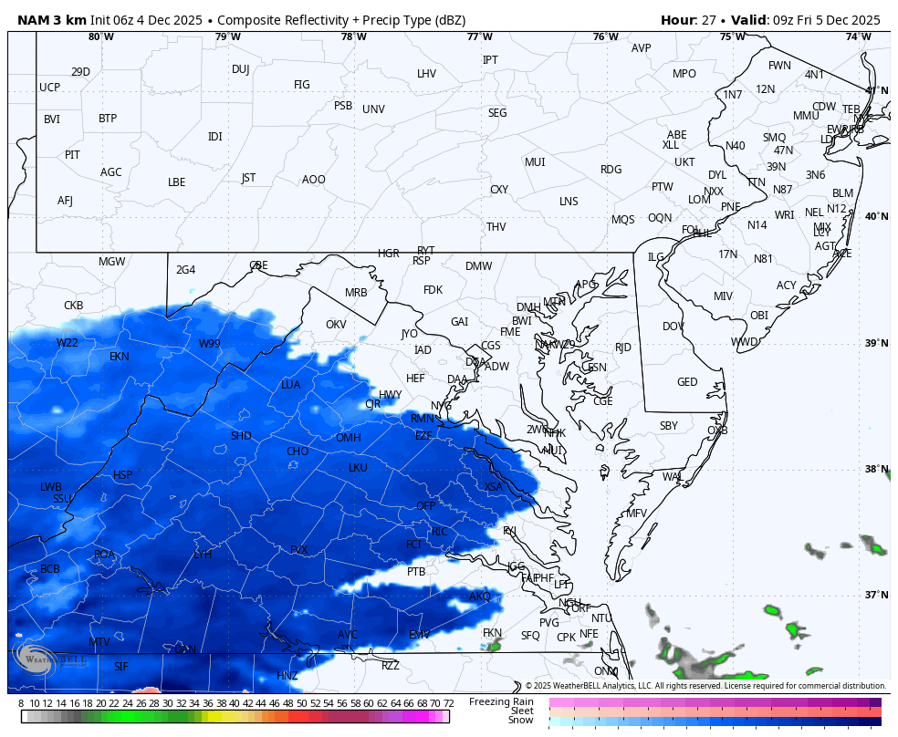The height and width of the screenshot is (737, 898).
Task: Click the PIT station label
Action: tap(72, 155)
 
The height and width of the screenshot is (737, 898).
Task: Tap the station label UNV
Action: tap(373, 109)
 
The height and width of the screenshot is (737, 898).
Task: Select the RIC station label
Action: tap(440, 532)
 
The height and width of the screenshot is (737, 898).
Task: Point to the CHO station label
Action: tap(298, 452)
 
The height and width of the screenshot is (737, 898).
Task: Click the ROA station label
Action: tap(105, 555)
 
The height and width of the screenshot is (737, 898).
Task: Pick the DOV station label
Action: tap(673, 327)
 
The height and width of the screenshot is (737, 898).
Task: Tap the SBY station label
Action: tap(669, 426)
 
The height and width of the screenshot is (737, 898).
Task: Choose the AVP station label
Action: tap(642, 48)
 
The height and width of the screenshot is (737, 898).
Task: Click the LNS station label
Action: tap(569, 202)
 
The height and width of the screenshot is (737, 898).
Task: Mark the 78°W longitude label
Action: tap(354, 36)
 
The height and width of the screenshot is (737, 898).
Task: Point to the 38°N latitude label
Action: tap(876, 469)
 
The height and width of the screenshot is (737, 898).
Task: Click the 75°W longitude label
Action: tap(731, 36)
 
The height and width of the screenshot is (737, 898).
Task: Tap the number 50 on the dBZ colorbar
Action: tap(301, 703)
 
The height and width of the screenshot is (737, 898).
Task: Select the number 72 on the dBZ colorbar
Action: tap(448, 703)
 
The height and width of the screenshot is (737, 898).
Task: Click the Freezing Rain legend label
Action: tap(501, 701)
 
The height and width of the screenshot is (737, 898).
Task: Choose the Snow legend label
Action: tap(521, 721)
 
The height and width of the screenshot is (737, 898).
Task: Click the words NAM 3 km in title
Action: tap(52, 20)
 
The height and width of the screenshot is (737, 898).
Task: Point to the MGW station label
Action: tap(111, 262)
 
